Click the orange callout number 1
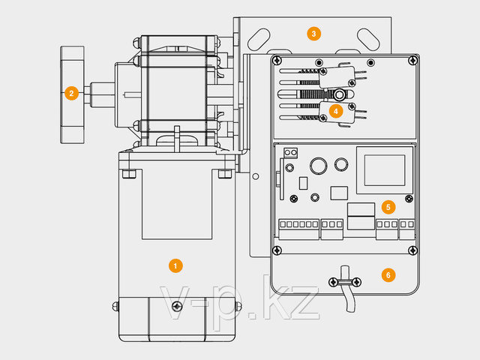coord(175,265)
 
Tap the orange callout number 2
coord(71,93)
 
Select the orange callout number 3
coord(313,34)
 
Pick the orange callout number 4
coord(336,111)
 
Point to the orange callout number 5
coord(388,207)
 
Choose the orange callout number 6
coord(388,275)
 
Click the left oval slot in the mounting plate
coord(259,40)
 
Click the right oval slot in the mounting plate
coord(368,40)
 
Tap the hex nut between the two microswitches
coord(339,95)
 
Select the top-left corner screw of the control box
coord(277,60)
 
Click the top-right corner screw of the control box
coord(413,60)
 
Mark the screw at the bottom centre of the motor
coord(177,306)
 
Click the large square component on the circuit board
coord(385,170)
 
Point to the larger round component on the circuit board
coord(318,166)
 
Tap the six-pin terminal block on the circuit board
coord(298,229)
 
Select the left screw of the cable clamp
coord(333,282)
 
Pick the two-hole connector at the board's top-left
coord(290,152)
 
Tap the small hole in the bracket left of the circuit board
coord(256,176)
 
